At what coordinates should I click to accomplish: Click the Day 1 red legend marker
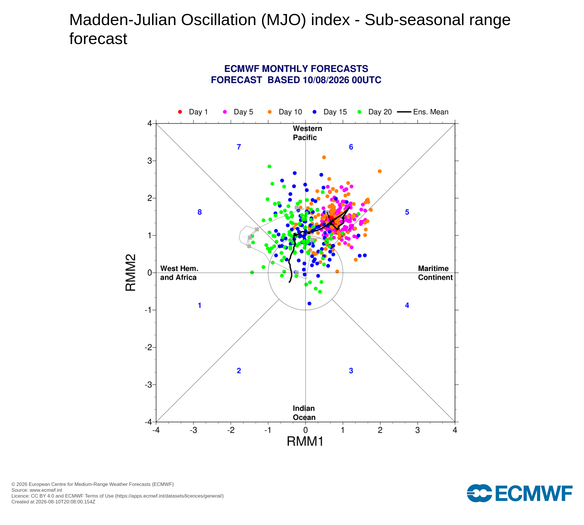[180, 112]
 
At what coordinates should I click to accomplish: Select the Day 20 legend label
[380, 112]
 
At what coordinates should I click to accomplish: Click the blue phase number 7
[239, 147]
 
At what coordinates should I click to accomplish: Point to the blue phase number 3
[351, 371]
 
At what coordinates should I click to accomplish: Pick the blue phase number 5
[407, 212]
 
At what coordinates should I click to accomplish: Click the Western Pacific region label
[307, 133]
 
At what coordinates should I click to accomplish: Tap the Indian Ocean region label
[304, 413]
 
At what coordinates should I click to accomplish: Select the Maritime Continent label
[435, 273]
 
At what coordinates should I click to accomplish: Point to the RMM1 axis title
[305, 441]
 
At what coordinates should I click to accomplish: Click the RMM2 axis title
[131, 273]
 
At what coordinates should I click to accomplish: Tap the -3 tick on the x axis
[193, 430]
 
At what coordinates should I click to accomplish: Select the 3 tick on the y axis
[150, 161]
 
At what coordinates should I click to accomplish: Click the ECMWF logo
[520, 493]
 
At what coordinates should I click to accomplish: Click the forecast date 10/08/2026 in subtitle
[326, 80]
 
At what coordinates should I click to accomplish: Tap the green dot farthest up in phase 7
[270, 167]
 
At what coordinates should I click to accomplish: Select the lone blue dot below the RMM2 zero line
[310, 304]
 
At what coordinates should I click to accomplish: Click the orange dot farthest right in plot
[380, 171]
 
